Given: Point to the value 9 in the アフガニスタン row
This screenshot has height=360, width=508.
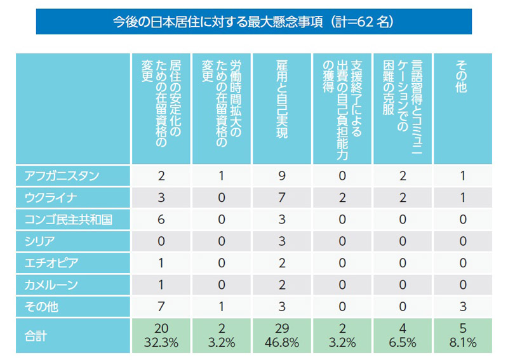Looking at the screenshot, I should [283, 175].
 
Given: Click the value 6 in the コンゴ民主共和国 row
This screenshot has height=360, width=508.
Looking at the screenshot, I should [161, 220].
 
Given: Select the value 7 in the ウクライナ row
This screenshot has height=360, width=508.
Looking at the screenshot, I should [283, 198].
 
